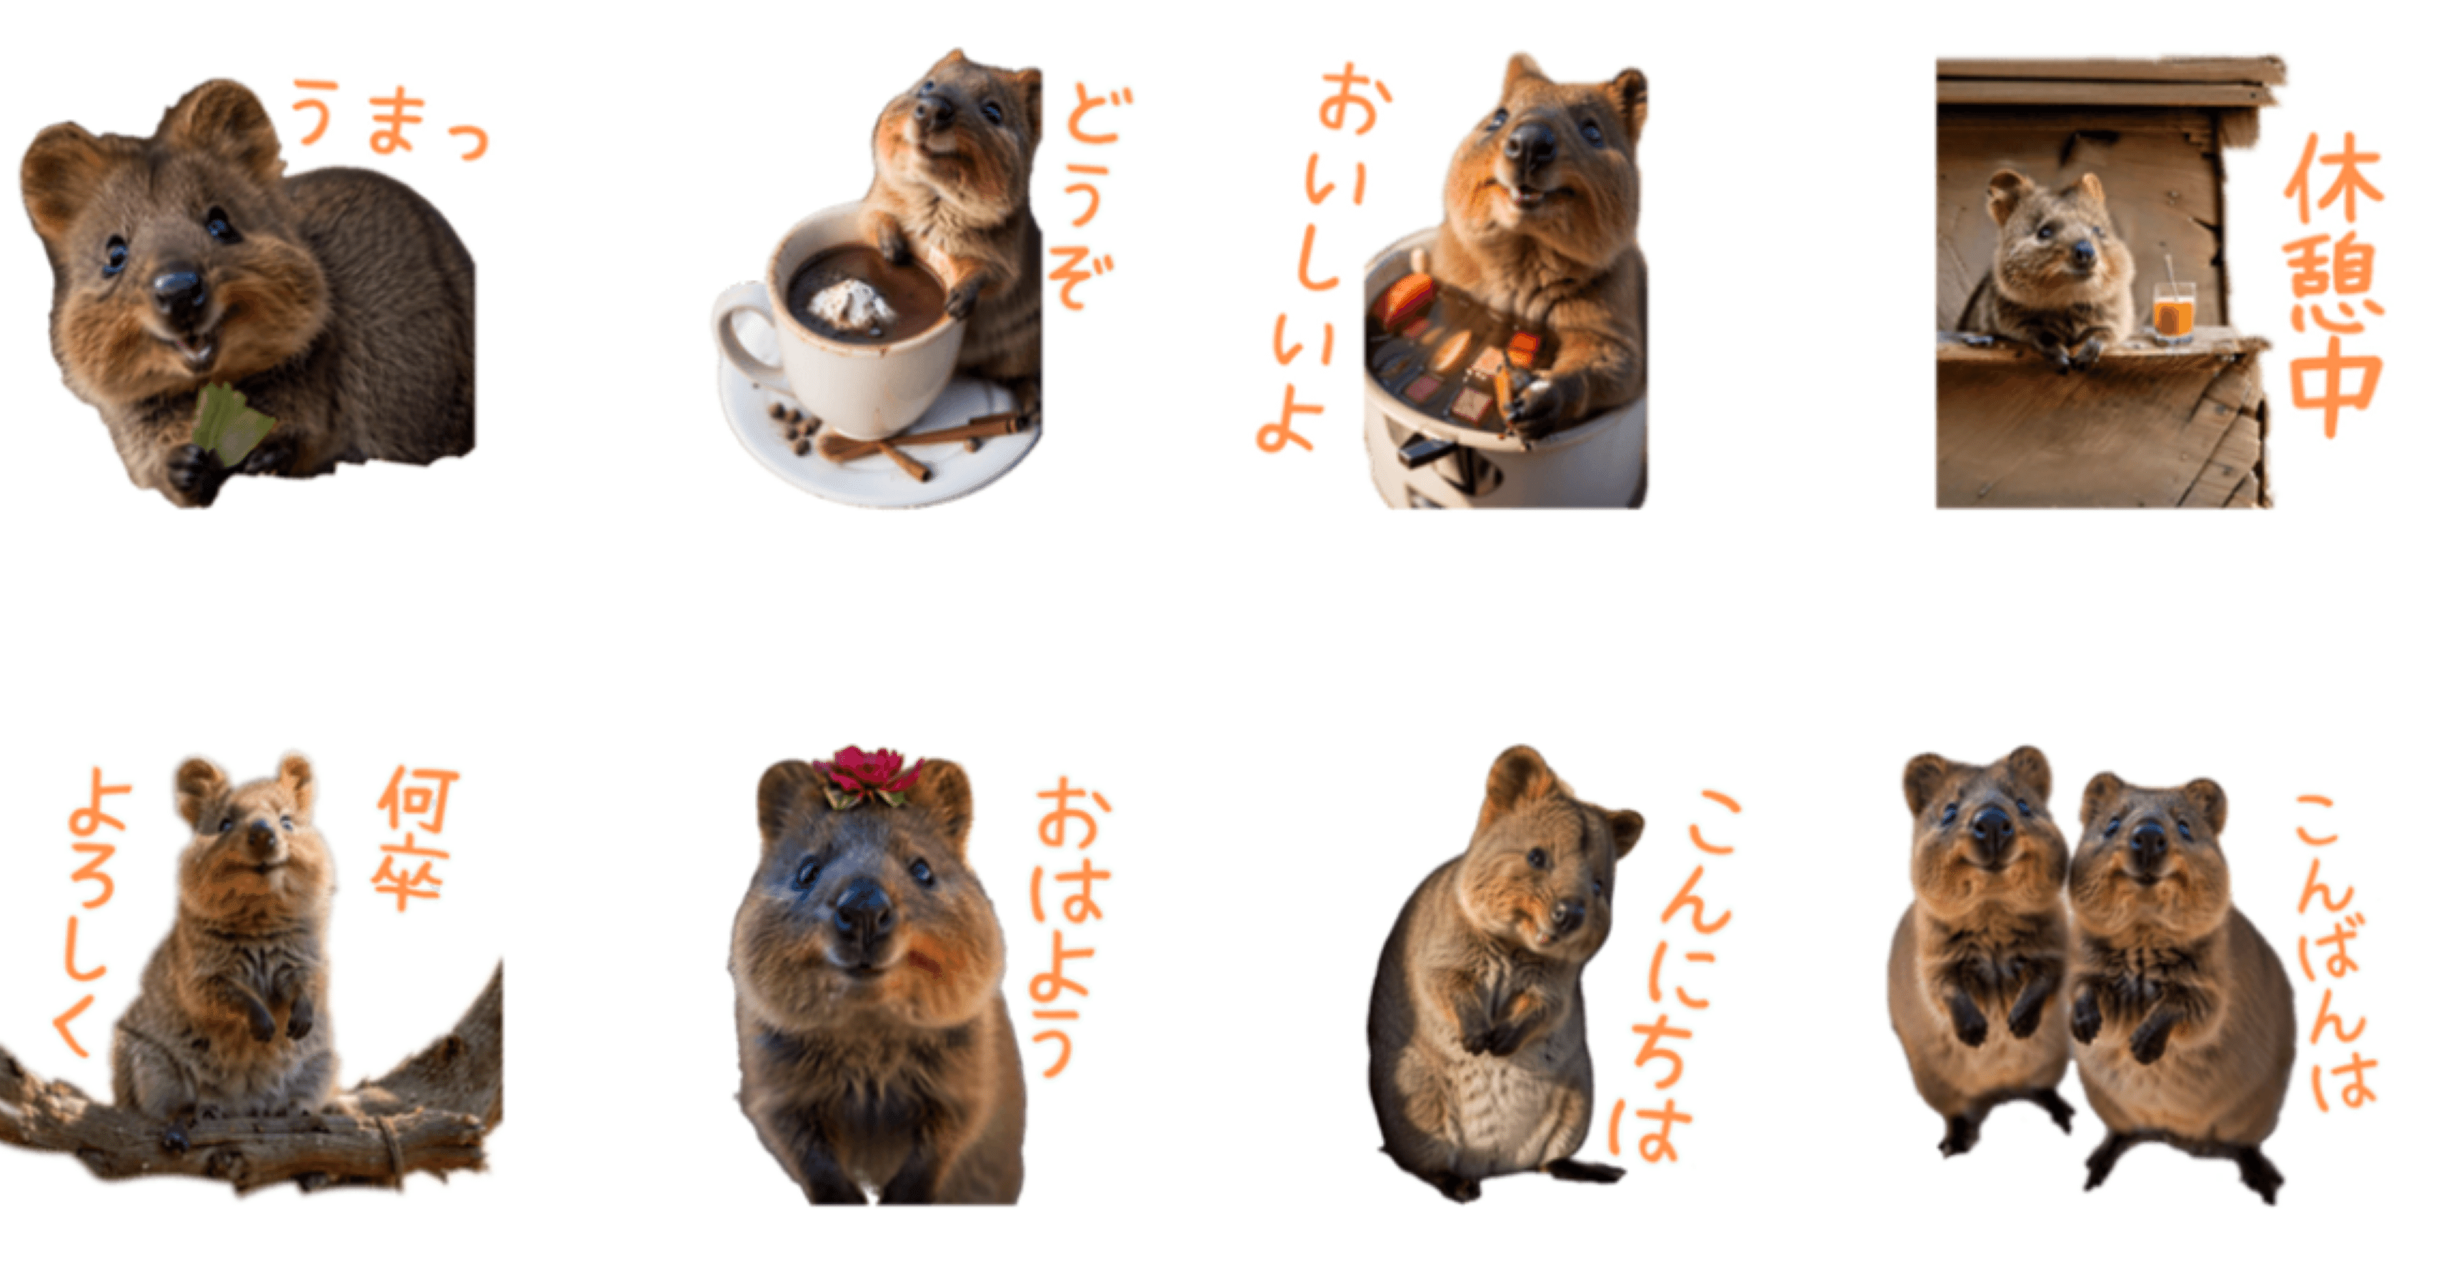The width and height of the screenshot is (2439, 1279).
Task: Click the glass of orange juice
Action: point(2173,312)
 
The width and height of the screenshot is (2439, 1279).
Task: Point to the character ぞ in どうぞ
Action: point(1079,279)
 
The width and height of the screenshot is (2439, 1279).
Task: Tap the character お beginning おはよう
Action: point(1071,814)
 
